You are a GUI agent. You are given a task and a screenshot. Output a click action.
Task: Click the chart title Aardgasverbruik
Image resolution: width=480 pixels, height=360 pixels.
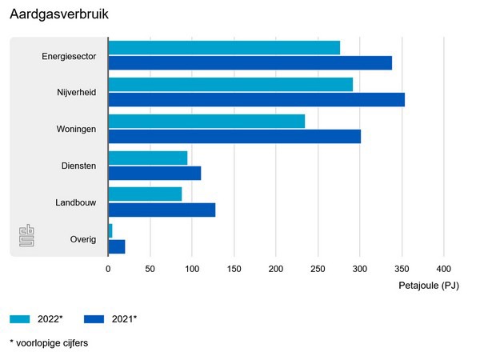(59, 15)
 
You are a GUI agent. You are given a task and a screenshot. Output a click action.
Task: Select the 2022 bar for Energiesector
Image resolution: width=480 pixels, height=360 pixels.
(224, 48)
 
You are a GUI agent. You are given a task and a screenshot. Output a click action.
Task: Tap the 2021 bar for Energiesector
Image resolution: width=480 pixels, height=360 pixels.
(250, 63)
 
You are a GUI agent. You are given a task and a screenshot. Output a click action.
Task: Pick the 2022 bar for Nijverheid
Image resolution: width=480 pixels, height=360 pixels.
(230, 85)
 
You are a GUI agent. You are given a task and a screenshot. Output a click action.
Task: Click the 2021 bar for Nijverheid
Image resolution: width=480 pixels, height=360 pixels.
(256, 100)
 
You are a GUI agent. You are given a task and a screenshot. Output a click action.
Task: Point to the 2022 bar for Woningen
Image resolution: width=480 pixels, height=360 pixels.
(206, 121)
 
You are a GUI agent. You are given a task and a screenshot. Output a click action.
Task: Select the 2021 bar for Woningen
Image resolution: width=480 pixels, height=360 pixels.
(234, 136)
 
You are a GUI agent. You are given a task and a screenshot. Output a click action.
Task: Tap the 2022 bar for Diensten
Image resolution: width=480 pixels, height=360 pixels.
(148, 158)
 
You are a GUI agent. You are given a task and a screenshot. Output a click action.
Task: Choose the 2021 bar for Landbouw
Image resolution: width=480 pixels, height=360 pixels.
(162, 210)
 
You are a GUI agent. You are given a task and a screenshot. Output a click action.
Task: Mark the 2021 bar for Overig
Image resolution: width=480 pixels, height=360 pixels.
(117, 246)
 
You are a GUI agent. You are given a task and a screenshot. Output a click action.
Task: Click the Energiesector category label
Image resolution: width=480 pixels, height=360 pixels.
(69, 56)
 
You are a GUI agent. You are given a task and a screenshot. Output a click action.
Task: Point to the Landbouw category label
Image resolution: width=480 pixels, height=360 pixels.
(76, 203)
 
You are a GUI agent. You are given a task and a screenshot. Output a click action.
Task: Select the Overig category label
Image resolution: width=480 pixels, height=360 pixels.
(83, 239)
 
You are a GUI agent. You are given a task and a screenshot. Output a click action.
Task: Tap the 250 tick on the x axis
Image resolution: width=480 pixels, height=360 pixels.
(318, 270)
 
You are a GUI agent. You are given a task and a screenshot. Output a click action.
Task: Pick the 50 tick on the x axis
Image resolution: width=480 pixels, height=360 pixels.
(150, 270)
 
